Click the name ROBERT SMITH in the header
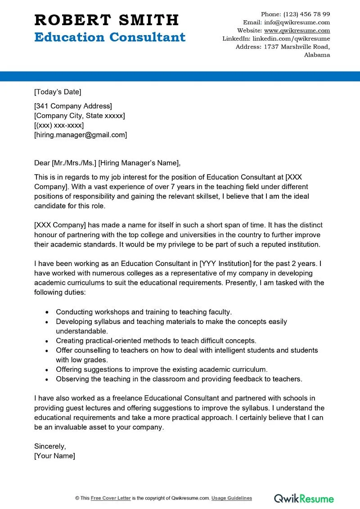pyautogui.click(x=107, y=20)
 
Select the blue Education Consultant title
pyautogui.click(x=110, y=37)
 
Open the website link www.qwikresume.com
pyautogui.click(x=297, y=31)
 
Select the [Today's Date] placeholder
pyautogui.click(x=58, y=92)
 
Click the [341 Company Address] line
pyautogui.click(x=73, y=106)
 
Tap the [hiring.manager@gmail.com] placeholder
pyautogui.click(x=81, y=135)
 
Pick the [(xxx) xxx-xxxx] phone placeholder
pyautogui.click(x=59, y=125)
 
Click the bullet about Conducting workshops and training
pyautogui.click(x=144, y=311)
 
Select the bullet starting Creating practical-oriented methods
pyautogui.click(x=156, y=341)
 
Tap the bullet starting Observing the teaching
pyautogui.click(x=179, y=379)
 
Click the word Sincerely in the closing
pyautogui.click(x=50, y=446)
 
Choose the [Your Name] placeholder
pyautogui.click(x=55, y=455)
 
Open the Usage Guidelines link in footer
pyautogui.click(x=232, y=498)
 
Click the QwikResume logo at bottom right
pyautogui.click(x=304, y=498)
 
